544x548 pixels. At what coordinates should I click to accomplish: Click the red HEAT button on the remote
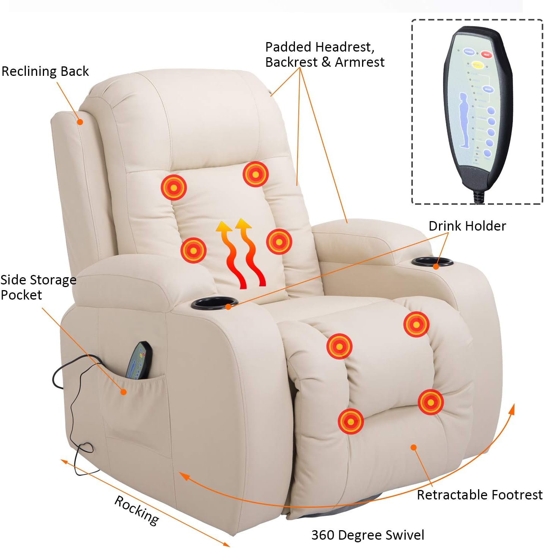coord(486,55)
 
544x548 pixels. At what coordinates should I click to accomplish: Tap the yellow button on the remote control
coord(477,65)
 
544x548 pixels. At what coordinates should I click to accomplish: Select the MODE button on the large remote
coord(488,90)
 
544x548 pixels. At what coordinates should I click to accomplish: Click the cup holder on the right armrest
coord(432,262)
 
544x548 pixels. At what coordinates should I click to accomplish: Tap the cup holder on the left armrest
coord(214,303)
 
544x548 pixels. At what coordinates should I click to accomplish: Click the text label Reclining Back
coord(45,71)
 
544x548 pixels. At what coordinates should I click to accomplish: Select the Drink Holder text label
coord(467,226)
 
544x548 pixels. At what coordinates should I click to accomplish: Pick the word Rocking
coord(137,510)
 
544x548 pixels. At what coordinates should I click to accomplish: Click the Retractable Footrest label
coord(480,495)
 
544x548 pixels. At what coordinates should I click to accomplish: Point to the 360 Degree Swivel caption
coord(367,535)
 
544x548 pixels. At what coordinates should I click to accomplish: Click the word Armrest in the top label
coord(360,62)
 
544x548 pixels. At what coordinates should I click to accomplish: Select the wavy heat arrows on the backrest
coord(240,252)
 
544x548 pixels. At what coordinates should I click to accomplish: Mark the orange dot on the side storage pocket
coord(123,392)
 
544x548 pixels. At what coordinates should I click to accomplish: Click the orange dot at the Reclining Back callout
coord(80,122)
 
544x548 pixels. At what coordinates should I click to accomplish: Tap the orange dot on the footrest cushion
coord(414,448)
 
